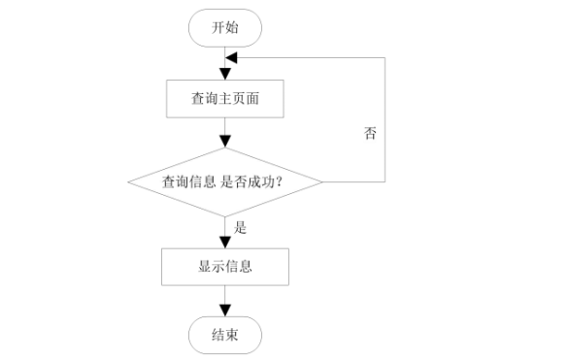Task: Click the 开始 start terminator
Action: (224, 29)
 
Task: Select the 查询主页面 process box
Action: (224, 98)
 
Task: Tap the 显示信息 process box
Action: (224, 266)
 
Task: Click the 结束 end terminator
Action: (224, 335)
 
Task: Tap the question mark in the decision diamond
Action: (291, 181)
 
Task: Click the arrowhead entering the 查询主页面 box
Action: (225, 74)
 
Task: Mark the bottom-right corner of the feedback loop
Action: (385, 181)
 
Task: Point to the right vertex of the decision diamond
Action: (323, 181)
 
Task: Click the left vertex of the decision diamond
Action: (127, 181)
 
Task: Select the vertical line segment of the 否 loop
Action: (385, 116)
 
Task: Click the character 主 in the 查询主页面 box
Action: (224, 98)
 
